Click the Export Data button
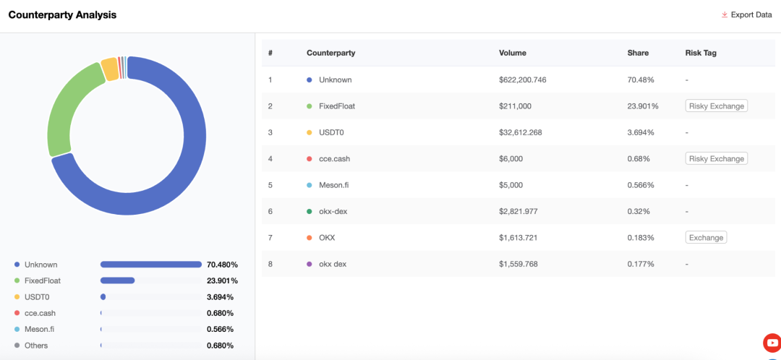(x=746, y=15)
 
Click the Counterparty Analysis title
(x=62, y=15)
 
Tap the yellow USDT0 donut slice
(x=110, y=69)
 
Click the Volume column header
(x=513, y=53)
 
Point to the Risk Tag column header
(x=701, y=53)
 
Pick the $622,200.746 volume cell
(x=523, y=80)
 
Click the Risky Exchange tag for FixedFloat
(x=716, y=106)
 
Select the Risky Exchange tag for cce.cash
(x=716, y=159)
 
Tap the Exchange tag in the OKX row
(x=706, y=238)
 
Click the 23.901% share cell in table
(x=643, y=106)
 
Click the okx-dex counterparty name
(x=333, y=211)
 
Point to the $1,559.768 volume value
(x=518, y=264)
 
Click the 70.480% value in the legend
(x=222, y=265)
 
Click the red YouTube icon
(x=772, y=343)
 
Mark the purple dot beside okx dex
(x=310, y=264)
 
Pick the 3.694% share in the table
(x=641, y=132)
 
